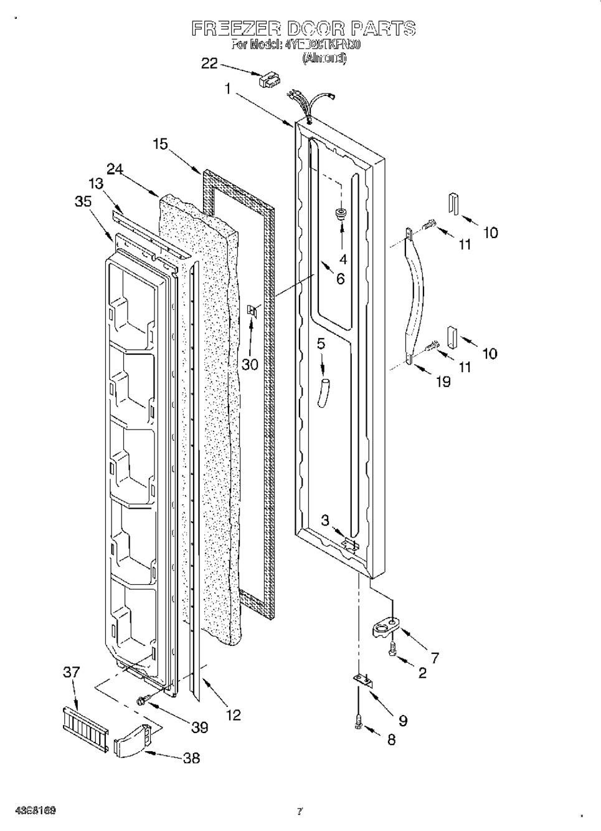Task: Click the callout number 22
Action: pos(210,63)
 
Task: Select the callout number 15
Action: pos(160,144)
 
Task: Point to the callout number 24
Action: pos(115,168)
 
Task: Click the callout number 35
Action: pos(82,201)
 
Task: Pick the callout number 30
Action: pos(250,365)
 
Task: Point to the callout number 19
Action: pos(443,381)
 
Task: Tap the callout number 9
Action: pos(402,721)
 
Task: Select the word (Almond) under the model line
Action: pos(324,59)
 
